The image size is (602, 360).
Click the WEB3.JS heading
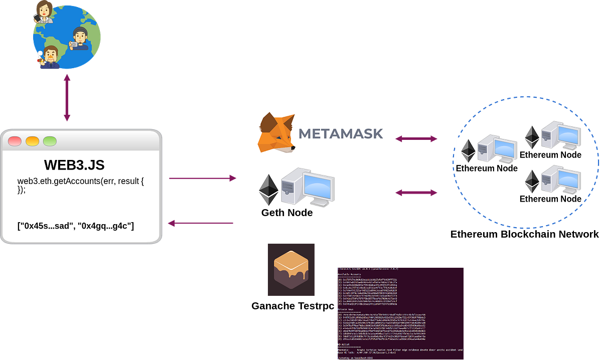pos(74,165)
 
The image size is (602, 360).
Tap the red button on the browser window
pos(15,141)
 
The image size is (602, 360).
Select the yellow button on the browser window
pos(32,141)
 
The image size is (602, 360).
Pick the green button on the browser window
pos(50,141)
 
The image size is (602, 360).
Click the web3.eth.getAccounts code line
pos(81,180)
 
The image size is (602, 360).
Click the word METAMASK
pos(341,134)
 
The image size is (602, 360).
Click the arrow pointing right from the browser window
pos(202,178)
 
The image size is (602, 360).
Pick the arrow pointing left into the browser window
pos(201,223)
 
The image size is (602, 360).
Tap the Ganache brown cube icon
pos(290,270)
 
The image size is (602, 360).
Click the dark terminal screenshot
pos(400,313)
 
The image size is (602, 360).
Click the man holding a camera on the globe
pos(80,39)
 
